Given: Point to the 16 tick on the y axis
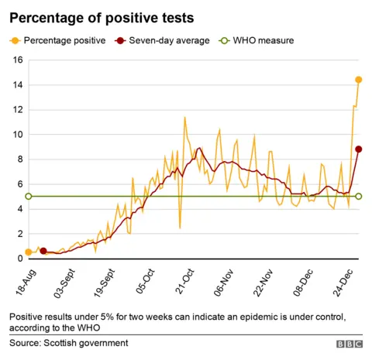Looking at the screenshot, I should pyautogui.click(x=16, y=60).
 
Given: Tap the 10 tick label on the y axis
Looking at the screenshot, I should pyautogui.click(x=16, y=135).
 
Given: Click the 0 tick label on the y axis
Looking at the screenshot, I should pyautogui.click(x=19, y=259).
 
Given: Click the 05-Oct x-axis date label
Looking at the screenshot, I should pyautogui.click(x=142, y=283).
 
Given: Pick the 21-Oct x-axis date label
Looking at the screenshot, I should pyautogui.click(x=183, y=283).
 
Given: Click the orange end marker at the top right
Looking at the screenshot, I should pyautogui.click(x=358, y=80).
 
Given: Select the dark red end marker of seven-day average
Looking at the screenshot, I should pyautogui.click(x=358, y=149).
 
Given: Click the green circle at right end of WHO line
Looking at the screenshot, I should pyautogui.click(x=358, y=197).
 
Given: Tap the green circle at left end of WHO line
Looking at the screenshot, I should pyautogui.click(x=29, y=197).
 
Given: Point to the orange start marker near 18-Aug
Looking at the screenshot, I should pyautogui.click(x=29, y=252).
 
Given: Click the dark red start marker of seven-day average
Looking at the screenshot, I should pyautogui.click(x=43, y=251).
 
